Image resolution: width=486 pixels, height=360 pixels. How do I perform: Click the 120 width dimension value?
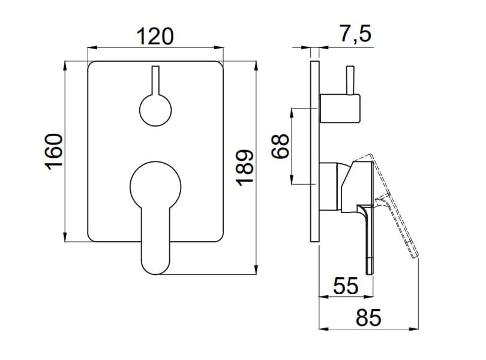coord(155,36)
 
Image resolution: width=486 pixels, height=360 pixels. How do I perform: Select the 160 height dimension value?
coord(54,152)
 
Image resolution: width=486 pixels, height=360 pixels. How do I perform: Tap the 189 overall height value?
coord(245,168)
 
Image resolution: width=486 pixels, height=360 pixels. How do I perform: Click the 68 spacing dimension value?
coord(280,146)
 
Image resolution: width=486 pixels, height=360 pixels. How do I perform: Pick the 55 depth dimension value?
coord(346,285)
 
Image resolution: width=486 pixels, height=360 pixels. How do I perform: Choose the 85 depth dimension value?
coord(368,317)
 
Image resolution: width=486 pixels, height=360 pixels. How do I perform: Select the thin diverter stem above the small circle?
coord(155,80)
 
